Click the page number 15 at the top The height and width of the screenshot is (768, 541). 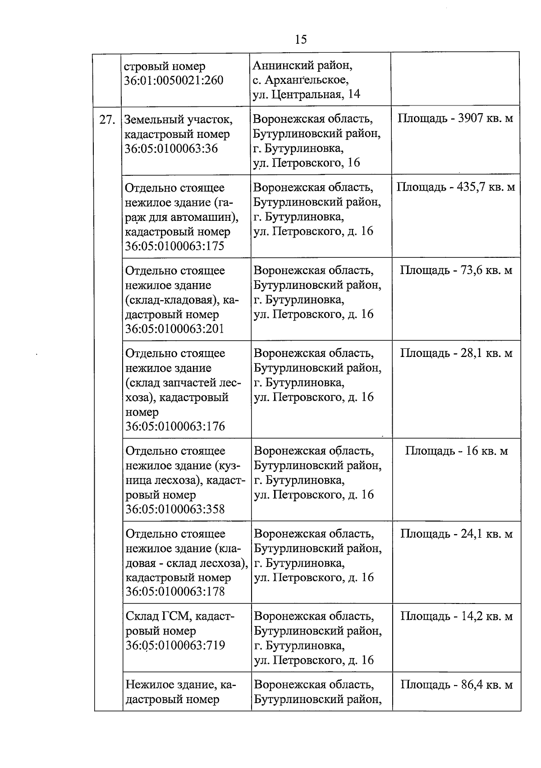301,40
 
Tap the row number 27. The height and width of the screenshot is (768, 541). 107,120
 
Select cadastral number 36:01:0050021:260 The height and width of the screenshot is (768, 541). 174,81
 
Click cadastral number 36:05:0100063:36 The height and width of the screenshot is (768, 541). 171,149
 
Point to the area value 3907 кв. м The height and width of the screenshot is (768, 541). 455,119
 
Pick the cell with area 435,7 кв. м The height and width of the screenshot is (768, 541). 456,187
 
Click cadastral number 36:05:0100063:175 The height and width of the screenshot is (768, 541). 174,246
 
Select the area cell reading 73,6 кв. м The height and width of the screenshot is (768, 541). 456,270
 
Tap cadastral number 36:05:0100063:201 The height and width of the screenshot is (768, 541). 174,329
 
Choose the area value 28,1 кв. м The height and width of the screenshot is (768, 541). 456,353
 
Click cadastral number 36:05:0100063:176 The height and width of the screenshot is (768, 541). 175,426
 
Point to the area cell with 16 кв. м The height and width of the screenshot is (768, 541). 456,451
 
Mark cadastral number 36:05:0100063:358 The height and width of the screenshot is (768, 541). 175,509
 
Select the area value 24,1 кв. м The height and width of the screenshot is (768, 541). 456,534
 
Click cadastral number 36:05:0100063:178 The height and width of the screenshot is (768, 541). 175,592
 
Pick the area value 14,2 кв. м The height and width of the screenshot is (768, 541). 456,616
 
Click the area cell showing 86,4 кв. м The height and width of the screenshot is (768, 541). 456,685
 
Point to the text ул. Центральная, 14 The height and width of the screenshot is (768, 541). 306,95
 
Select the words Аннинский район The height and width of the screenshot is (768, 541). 303,66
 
